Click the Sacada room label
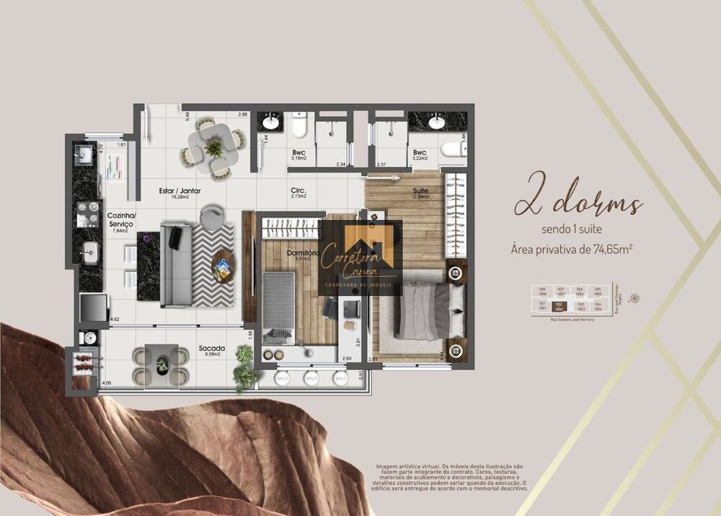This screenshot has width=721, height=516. (212, 349)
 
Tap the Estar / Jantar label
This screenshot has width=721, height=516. (180, 191)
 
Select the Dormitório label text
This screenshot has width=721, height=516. (302, 253)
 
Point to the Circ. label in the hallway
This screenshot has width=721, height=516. (298, 191)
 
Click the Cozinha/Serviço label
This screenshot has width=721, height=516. (120, 220)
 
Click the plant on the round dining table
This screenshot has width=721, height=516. (213, 148)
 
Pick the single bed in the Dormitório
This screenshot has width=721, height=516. (278, 307)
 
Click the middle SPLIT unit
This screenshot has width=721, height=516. (311, 377)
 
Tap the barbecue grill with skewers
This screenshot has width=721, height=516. (81, 362)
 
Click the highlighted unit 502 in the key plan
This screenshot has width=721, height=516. (558, 307)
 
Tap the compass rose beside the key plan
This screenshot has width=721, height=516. (634, 298)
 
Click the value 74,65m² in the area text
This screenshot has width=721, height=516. (609, 250)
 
